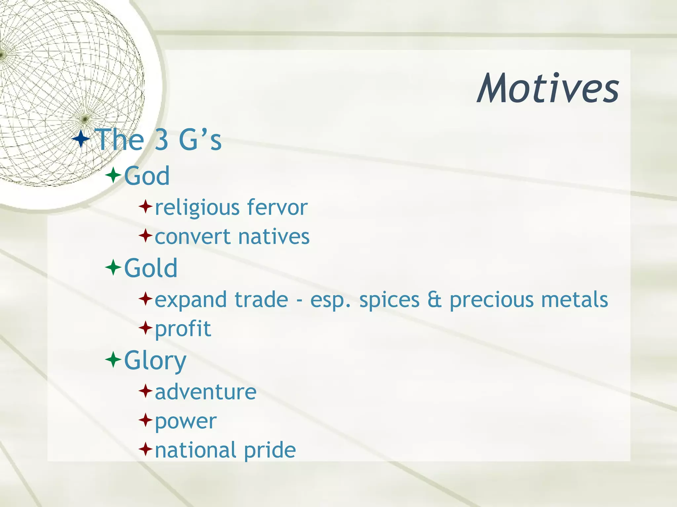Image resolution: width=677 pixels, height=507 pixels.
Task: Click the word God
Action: coord(147,176)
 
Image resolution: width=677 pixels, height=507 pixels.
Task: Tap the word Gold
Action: coord(151,268)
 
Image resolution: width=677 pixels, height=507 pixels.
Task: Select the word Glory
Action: coord(155,360)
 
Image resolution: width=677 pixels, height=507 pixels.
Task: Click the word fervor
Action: coord(277,207)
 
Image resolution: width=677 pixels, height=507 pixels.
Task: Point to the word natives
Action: coord(274,237)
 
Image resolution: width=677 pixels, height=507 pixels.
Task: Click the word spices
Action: coord(389,300)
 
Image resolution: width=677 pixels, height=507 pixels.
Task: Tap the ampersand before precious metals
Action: coord(434,299)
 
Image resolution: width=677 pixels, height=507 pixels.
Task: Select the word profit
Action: coord(183,329)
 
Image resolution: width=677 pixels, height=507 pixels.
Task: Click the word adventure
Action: coord(206,392)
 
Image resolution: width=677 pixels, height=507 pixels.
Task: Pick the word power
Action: coord(185,422)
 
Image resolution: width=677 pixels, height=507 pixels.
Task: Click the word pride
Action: coord(270,450)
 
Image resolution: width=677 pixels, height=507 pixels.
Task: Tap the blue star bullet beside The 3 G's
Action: coord(81,139)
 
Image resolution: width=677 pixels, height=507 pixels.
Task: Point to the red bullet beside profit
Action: coord(145,328)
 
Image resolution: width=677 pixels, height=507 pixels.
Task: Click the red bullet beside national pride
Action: coord(145,449)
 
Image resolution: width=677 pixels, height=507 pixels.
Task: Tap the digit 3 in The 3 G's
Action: coord(162,140)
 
